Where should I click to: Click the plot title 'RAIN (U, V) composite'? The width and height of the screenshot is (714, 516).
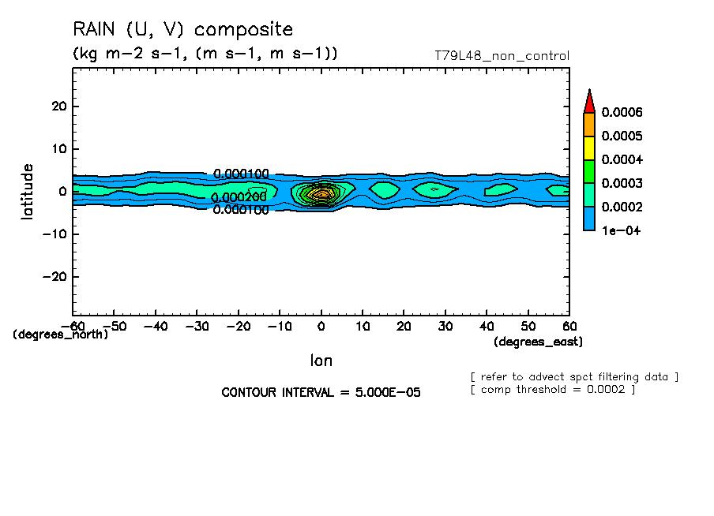[182, 30]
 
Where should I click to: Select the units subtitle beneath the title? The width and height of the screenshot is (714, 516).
[205, 54]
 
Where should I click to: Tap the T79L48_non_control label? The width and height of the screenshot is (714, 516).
[502, 56]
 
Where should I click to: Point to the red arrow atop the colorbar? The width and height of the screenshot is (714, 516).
[588, 101]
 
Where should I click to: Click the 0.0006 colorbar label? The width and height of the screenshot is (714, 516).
[622, 112]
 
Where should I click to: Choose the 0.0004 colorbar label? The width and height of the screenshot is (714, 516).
[622, 159]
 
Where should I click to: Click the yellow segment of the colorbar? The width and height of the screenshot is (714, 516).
[588, 148]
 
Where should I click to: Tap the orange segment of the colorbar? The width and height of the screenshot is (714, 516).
[588, 124]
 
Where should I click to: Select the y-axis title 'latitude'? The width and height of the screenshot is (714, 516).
[28, 191]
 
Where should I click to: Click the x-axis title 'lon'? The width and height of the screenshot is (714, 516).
[321, 361]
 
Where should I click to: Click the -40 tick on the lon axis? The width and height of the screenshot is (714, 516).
[156, 325]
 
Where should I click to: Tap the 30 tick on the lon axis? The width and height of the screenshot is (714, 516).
[445, 325]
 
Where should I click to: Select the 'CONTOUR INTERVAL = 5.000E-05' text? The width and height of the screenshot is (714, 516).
[321, 392]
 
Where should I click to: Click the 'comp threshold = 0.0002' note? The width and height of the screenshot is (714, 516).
[553, 389]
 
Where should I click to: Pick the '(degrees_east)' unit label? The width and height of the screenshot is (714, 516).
[538, 342]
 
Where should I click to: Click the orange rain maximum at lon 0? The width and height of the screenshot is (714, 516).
[321, 193]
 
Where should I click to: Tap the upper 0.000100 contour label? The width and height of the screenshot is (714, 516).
[242, 174]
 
